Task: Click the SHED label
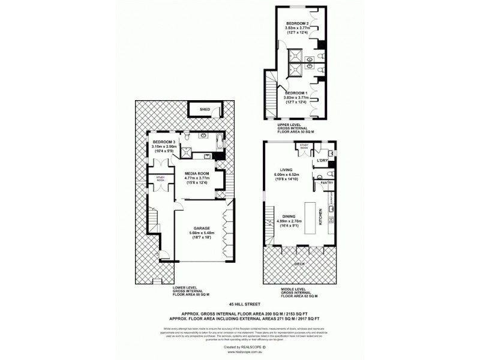coord(205,110)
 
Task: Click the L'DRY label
coord(322,161)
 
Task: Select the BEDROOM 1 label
coord(296,94)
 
